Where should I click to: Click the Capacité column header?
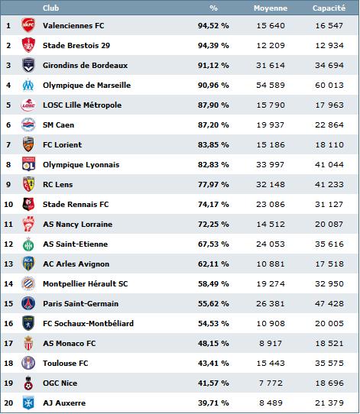(329, 8)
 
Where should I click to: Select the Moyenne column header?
(271, 8)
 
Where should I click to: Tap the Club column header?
(50, 8)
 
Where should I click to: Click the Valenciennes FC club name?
(73, 26)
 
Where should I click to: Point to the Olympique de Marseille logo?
(28, 85)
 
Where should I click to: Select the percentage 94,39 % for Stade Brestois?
(213, 45)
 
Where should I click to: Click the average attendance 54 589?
(271, 85)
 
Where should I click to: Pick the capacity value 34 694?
(329, 65)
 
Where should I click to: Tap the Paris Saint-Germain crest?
(28, 303)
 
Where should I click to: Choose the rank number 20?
(8, 403)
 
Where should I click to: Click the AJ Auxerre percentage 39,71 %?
(213, 403)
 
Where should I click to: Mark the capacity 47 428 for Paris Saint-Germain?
(329, 304)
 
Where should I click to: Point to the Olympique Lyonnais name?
(81, 164)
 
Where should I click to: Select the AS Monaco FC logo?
(28, 343)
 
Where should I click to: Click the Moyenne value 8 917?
(271, 343)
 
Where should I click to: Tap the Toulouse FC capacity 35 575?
(329, 364)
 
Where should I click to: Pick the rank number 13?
(8, 264)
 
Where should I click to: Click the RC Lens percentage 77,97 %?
(213, 184)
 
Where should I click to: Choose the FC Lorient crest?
(28, 144)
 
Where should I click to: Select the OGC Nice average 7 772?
(271, 383)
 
